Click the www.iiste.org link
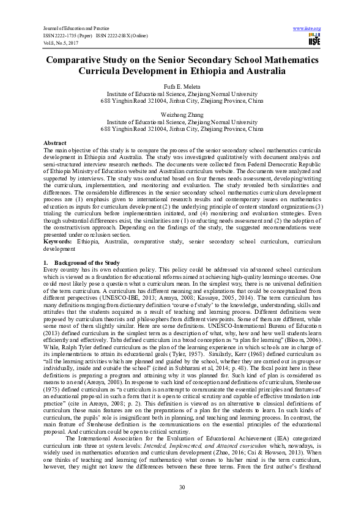(x=307, y=28)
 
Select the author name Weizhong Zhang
(x=182, y=114)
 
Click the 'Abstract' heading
(x=55, y=142)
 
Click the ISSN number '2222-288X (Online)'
(x=121, y=35)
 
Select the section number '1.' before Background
(x=46, y=262)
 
